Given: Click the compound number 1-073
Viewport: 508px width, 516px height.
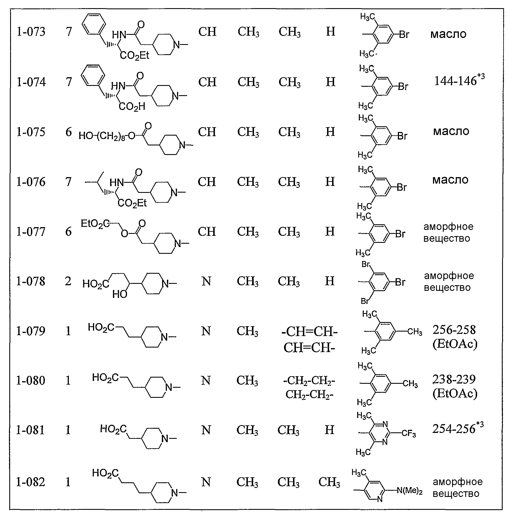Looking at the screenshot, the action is click(31, 32).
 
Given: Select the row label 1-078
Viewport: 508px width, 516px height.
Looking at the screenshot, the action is click(31, 281).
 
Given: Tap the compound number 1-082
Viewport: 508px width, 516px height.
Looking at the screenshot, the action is click(31, 482).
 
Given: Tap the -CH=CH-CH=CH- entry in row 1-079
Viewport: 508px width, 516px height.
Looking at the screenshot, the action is click(309, 340).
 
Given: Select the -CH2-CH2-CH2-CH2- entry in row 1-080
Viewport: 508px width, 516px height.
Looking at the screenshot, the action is click(309, 388).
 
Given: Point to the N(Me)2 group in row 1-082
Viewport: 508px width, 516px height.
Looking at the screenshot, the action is click(409, 491).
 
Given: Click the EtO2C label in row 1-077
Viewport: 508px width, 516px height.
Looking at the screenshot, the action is click(95, 224).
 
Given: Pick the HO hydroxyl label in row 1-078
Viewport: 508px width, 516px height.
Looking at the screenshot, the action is click(120, 294).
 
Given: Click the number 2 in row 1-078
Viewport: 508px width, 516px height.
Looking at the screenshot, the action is click(68, 281).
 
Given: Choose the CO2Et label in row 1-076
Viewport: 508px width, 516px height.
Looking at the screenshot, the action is click(132, 203).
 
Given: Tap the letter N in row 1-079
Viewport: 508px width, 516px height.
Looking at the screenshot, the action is click(206, 331).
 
